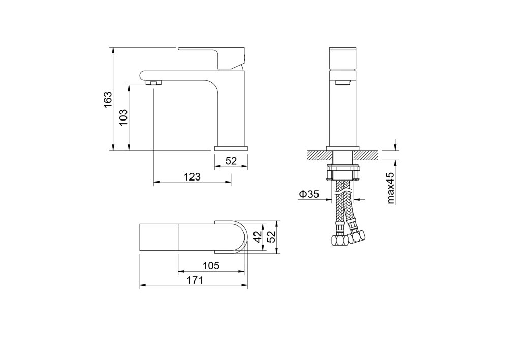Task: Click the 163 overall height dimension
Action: (x=108, y=99)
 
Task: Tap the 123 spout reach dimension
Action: (x=193, y=177)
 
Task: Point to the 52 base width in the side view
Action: (x=231, y=161)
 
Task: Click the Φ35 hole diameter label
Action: (x=309, y=194)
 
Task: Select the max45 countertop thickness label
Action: (x=391, y=188)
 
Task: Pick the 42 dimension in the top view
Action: (x=258, y=237)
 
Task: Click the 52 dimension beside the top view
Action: (x=271, y=237)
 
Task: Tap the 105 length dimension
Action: (x=211, y=266)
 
